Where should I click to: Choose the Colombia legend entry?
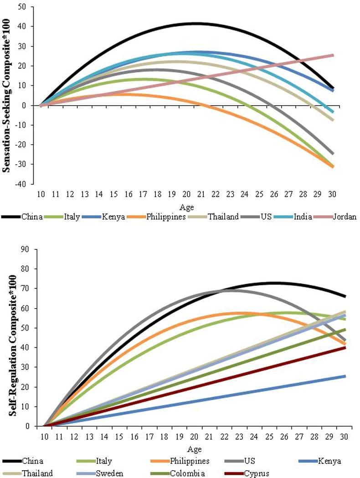pyautogui.click(x=191, y=473)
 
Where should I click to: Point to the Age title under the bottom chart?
pyautogui.click(x=195, y=449)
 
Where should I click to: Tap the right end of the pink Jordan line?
pyautogui.click(x=333, y=55)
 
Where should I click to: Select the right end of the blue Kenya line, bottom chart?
pyautogui.click(x=345, y=376)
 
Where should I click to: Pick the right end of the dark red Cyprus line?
pyautogui.click(x=345, y=347)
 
